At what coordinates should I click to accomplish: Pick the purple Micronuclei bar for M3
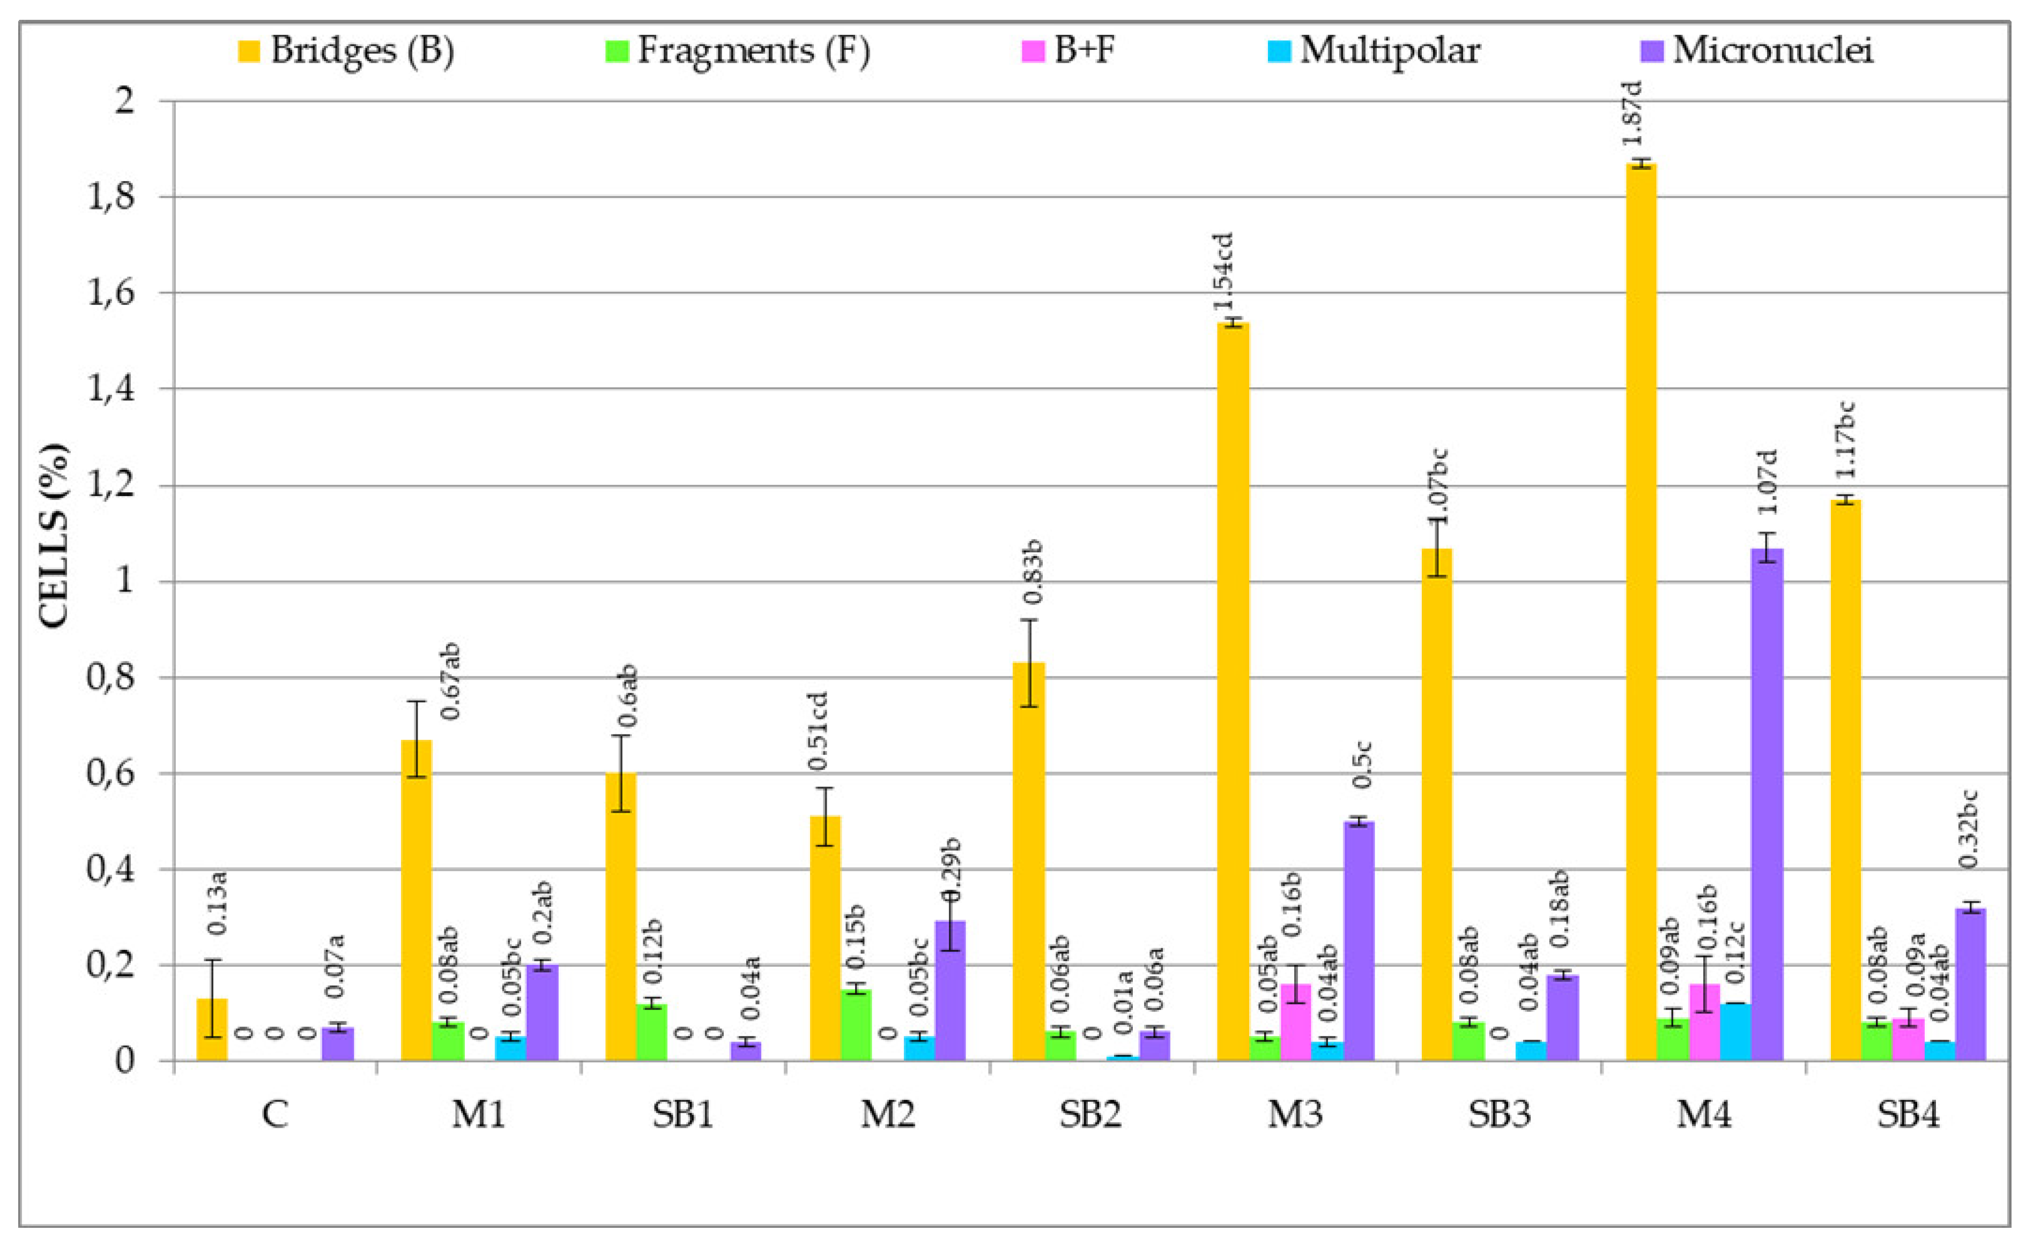[x=1359, y=940]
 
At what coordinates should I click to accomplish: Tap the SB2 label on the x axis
[x=1091, y=1115]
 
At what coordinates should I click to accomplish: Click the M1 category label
[x=479, y=1115]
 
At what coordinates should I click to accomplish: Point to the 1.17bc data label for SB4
[x=1845, y=439]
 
